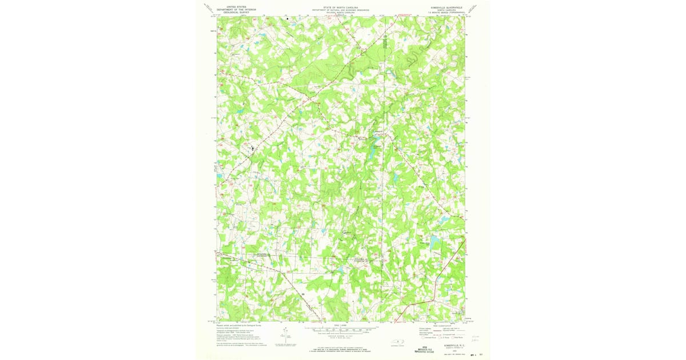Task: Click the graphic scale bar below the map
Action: click(341, 330)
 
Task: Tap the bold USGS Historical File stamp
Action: click(425, 349)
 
